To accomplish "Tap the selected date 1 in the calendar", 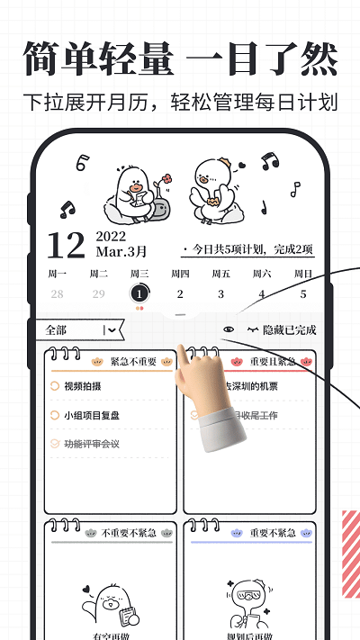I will (139, 293).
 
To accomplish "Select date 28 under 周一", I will (58, 293).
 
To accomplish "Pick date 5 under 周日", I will (303, 293).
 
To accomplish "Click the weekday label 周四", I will (180, 274).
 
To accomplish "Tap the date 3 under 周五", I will (220, 293).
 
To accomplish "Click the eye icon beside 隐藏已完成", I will (229, 330).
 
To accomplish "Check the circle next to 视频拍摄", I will (56, 386).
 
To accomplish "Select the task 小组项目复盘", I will (92, 415).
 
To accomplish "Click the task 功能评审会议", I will (92, 444).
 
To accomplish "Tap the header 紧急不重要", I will (133, 361).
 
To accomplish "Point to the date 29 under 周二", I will (98, 293).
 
